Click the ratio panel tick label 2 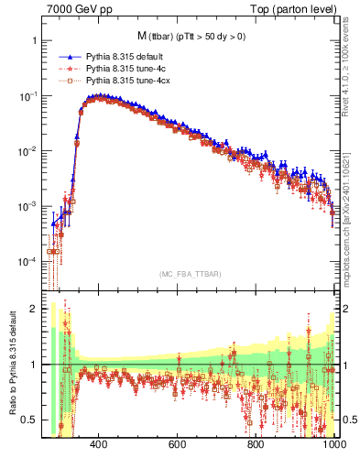(x=33, y=309)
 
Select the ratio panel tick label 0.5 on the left (x=28, y=420)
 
